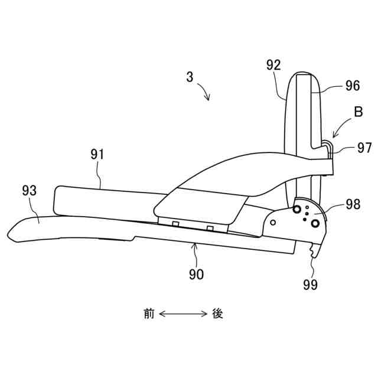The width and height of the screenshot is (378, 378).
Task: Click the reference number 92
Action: [273, 66]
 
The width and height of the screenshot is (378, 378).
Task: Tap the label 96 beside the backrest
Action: [352, 86]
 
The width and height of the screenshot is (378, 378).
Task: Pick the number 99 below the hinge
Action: [310, 285]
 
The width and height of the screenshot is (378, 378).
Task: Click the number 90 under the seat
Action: [197, 274]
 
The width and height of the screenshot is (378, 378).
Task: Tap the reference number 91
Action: [97, 155]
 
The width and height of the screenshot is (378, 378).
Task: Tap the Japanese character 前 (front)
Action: [148, 313]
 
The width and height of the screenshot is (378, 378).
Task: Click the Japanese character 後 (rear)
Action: [217, 313]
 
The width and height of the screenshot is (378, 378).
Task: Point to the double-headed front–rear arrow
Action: [183, 313]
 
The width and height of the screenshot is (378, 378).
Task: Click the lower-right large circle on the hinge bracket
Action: [315, 223]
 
